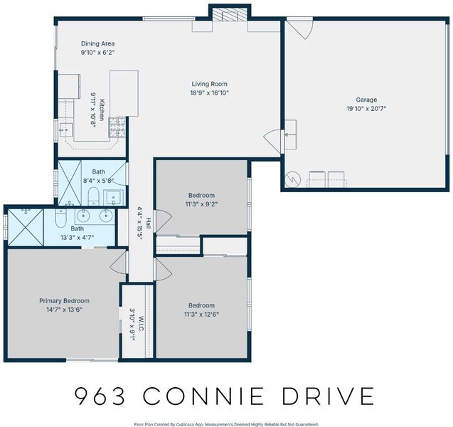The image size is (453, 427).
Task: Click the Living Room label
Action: (x=210, y=84)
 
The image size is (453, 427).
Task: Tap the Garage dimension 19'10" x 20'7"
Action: (x=366, y=109)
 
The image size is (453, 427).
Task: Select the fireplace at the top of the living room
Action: (x=230, y=14)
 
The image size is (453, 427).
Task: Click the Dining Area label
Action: (x=97, y=43)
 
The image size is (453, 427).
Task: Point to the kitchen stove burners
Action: (x=117, y=127)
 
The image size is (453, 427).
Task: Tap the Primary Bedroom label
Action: (x=65, y=300)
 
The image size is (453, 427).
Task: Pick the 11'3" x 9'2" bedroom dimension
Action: (x=201, y=204)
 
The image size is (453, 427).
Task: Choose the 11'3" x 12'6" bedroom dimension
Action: (x=201, y=315)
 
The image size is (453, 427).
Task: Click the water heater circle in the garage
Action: (x=293, y=179)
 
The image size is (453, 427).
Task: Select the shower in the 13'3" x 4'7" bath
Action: (x=25, y=228)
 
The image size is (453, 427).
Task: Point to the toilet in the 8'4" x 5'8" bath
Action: (x=93, y=195)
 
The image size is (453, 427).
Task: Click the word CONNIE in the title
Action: (x=203, y=396)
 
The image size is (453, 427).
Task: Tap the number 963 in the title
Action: (x=100, y=396)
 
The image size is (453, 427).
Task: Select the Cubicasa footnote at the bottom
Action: (x=226, y=424)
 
